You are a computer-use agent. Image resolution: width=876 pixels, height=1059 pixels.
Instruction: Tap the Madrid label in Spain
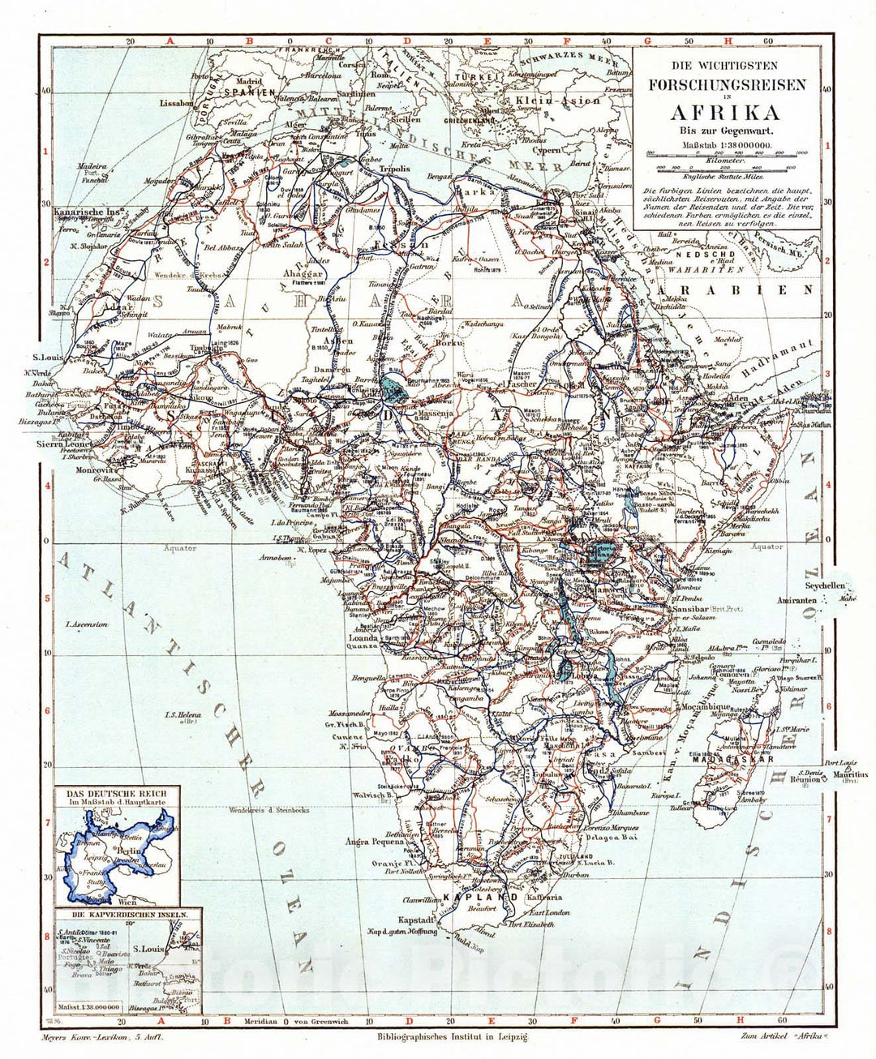[x=248, y=81]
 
